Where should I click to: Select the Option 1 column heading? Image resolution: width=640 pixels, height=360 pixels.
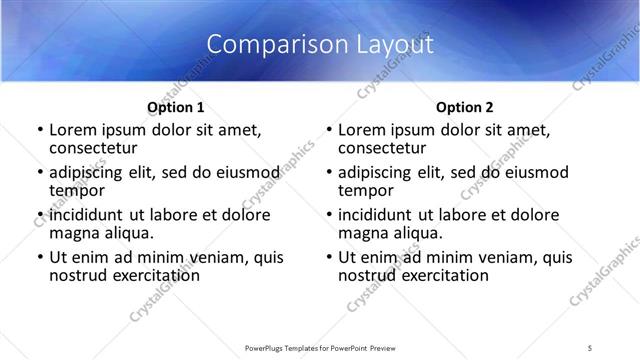click(176, 107)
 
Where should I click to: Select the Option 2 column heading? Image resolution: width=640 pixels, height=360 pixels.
click(465, 107)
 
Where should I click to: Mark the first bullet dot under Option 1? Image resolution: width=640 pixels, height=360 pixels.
click(39, 130)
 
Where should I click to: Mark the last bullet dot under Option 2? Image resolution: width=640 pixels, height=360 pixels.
click(328, 257)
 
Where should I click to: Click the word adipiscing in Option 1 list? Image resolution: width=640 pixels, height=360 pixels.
click(87, 172)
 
